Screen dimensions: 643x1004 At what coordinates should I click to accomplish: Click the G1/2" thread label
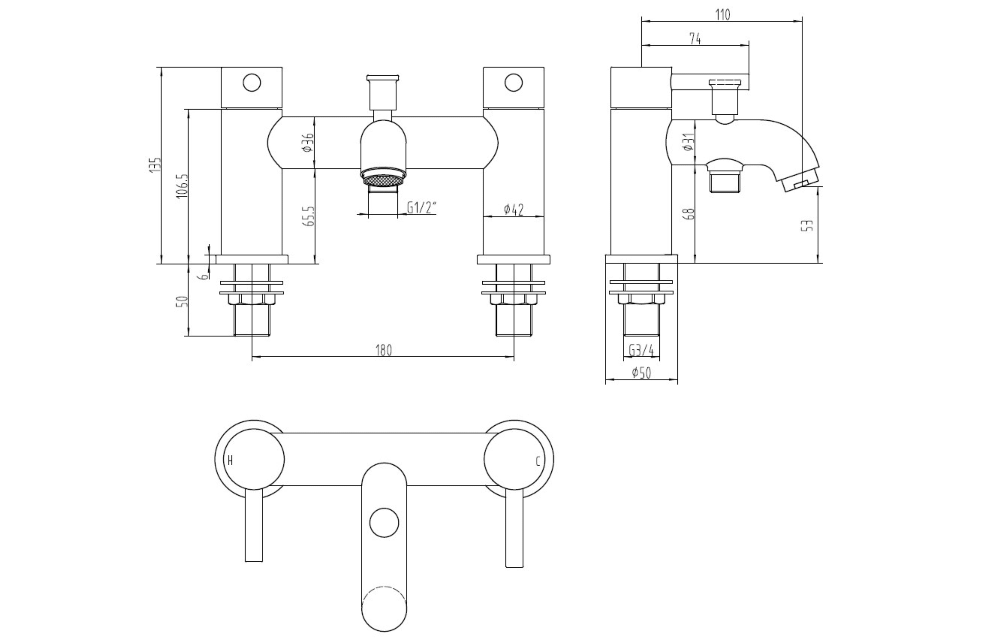(421, 207)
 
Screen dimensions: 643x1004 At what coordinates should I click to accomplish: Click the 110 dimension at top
(722, 15)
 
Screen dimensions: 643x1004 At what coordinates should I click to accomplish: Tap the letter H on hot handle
(230, 461)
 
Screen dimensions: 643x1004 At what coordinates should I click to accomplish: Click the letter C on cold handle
(538, 461)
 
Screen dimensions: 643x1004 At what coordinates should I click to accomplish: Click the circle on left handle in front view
(252, 83)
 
